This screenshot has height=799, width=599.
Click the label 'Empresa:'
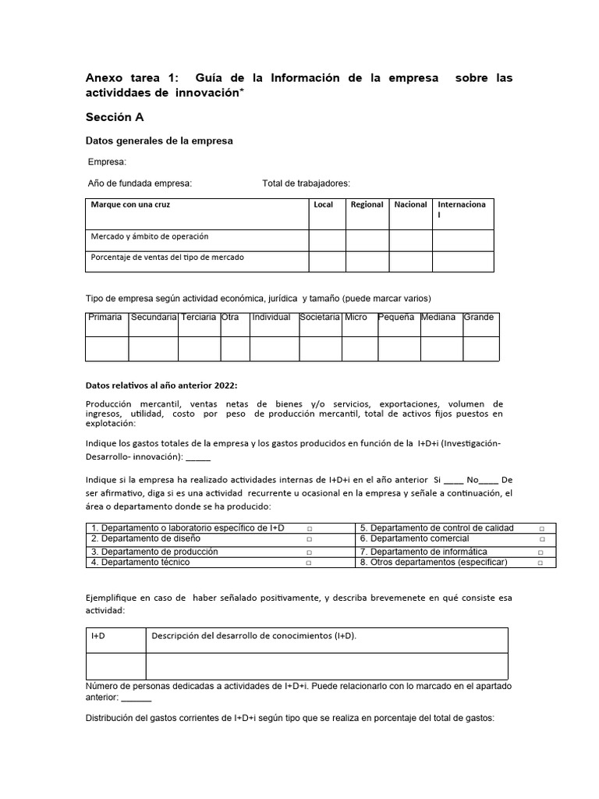point(107,162)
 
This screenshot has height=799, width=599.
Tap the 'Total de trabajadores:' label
point(307,183)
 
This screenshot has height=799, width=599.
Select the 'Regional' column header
point(367,204)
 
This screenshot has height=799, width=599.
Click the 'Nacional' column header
point(410,204)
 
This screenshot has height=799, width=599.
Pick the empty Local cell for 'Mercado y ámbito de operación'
point(327,240)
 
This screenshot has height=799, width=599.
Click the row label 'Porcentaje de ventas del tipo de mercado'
point(172,257)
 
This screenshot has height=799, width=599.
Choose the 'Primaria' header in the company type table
point(105,318)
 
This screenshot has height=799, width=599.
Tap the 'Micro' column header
point(356,318)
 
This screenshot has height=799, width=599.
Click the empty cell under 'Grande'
point(480,348)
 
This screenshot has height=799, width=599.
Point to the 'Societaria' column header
point(320,318)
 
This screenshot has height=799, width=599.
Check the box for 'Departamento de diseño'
point(310,539)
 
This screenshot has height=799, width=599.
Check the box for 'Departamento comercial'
point(541,539)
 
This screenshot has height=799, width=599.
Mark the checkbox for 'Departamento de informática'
point(541,552)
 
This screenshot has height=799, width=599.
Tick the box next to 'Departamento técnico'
point(310,563)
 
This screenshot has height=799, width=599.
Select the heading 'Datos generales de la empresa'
point(158,141)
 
